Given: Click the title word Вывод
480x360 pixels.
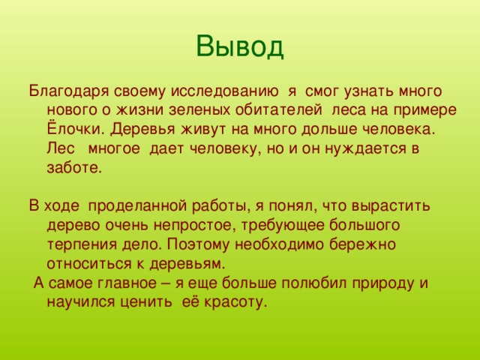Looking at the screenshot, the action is point(240,46).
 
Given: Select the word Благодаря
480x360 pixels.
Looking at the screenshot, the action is point(69,92).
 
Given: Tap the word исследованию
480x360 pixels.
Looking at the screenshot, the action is point(225,92).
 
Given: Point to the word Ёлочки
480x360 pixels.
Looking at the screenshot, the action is point(76,128).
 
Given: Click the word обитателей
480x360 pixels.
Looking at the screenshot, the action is point(278,110).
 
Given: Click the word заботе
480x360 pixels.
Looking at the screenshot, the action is point(74,167).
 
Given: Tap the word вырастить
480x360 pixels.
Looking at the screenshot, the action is point(391,207).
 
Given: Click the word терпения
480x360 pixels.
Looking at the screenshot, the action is point(82,245).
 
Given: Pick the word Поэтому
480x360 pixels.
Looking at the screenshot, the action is point(198,245).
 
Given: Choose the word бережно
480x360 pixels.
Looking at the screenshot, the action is point(362,245).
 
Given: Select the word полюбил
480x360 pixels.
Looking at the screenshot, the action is point(314,283).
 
